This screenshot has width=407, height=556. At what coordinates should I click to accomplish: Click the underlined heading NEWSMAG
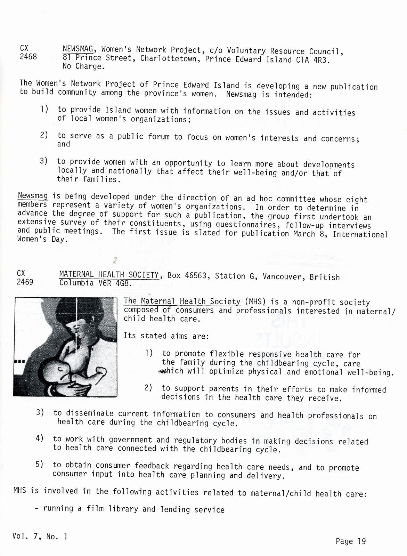tap(78, 49)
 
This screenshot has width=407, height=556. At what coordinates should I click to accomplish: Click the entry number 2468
tap(28, 56)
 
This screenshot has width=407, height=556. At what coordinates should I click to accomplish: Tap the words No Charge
tap(83, 66)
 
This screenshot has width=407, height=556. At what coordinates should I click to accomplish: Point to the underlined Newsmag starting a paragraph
tap(33, 196)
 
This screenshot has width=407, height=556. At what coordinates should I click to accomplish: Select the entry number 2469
tap(25, 282)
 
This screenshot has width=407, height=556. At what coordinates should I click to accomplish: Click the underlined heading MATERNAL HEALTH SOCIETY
tap(109, 275)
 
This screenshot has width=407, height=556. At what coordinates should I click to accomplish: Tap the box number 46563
tap(196, 276)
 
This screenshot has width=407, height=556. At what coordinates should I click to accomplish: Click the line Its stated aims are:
tap(166, 336)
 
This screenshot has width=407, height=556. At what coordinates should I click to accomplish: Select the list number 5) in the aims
tap(40, 464)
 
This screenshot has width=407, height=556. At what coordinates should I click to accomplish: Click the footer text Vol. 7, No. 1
tap(40, 536)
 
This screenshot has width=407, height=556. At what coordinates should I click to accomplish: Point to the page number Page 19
tap(351, 541)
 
